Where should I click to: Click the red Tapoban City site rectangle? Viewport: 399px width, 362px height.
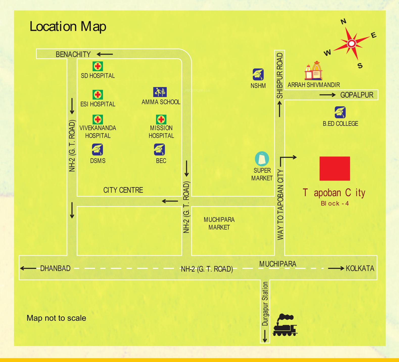click(335, 169)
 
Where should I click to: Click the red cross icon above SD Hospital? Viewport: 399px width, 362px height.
click(98, 66)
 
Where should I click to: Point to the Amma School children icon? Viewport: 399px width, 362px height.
click(160, 92)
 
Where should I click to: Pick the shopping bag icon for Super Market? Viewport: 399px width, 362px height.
click(262, 159)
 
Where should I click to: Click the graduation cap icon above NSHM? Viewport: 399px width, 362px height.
click(258, 75)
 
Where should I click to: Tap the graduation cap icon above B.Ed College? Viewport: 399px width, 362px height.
click(340, 112)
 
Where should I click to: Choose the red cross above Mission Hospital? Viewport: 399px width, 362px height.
click(161, 119)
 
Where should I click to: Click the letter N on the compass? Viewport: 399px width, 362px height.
click(343, 22)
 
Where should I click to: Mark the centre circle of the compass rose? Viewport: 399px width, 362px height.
click(351, 44)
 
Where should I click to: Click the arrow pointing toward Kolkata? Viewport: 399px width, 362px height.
click(336, 268)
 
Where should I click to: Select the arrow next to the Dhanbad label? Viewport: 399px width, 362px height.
click(28, 268)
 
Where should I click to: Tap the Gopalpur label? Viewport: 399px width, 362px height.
click(357, 95)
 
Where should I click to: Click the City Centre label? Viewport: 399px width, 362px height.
click(123, 190)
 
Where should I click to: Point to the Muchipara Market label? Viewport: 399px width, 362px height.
click(219, 223)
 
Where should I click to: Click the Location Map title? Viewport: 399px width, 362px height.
click(68, 27)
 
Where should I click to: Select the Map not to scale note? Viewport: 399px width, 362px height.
click(56, 318)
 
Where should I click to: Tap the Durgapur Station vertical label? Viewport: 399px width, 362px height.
click(265, 304)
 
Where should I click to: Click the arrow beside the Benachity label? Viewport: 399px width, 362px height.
click(105, 54)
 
